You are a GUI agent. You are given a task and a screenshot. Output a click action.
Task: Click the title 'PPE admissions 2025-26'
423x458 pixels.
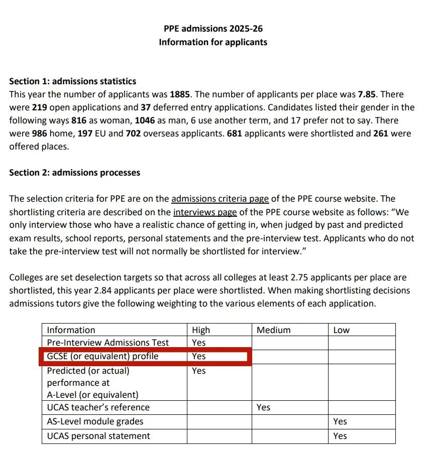[213, 29]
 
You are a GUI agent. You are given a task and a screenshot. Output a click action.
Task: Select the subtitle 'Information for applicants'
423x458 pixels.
[213, 42]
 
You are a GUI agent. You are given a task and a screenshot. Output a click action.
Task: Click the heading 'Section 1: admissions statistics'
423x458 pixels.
[73, 81]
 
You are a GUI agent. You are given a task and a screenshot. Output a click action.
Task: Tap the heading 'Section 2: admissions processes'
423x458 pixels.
[75, 173]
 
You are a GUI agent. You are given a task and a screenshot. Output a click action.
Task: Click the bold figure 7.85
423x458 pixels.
[367, 94]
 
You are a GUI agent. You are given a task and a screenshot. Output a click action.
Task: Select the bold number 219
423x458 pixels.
[40, 107]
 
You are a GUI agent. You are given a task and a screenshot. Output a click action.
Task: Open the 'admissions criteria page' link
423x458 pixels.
[220, 199]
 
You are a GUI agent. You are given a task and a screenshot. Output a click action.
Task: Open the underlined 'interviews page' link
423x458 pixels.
[204, 212]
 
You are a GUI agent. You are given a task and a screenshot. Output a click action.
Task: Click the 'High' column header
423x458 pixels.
[201, 330]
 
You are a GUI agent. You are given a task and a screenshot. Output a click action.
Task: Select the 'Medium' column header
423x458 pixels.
[274, 330]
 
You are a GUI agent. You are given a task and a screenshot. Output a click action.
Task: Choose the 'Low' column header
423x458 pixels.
[342, 330]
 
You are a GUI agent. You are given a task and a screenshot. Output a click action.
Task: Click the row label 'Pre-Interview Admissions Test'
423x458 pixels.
[108, 343]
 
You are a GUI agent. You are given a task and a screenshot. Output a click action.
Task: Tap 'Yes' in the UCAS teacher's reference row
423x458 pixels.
[263, 407]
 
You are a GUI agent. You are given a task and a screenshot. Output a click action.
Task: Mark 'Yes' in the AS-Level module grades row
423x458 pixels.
[340, 421]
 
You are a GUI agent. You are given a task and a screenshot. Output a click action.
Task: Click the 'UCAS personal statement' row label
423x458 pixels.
[98, 436]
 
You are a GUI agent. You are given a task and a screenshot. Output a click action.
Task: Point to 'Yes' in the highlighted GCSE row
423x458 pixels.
[199, 356]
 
